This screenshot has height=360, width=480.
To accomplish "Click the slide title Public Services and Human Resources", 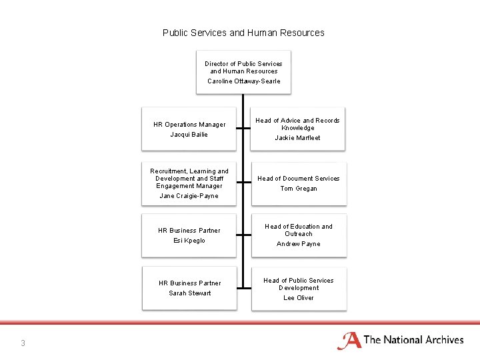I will click(243, 33).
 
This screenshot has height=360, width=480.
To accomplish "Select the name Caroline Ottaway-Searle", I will click(243, 81).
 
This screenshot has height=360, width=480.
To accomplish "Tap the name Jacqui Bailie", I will click(189, 135).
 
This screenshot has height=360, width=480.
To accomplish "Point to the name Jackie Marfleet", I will click(298, 138).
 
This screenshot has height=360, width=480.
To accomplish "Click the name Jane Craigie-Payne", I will click(189, 196).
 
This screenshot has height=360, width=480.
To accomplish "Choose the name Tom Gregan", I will click(298, 189).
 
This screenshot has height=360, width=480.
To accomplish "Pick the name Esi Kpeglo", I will click(189, 241).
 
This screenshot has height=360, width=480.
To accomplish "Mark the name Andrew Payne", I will click(298, 244).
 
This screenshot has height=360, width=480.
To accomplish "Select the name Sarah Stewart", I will click(189, 293).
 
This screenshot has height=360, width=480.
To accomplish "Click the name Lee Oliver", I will click(298, 298).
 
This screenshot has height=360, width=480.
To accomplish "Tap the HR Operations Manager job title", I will click(189, 125).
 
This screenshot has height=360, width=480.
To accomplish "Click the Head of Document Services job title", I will click(298, 179).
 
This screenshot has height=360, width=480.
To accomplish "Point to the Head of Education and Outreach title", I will click(298, 230).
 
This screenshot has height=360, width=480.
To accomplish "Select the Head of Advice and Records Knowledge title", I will click(298, 124).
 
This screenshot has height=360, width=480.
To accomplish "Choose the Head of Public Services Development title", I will click(298, 284).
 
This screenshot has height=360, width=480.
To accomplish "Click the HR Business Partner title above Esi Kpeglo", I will click(189, 231).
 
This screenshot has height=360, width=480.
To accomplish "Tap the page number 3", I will click(23, 343).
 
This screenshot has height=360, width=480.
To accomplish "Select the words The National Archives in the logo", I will click(413, 340).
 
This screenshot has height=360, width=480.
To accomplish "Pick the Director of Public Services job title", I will click(243, 67).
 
